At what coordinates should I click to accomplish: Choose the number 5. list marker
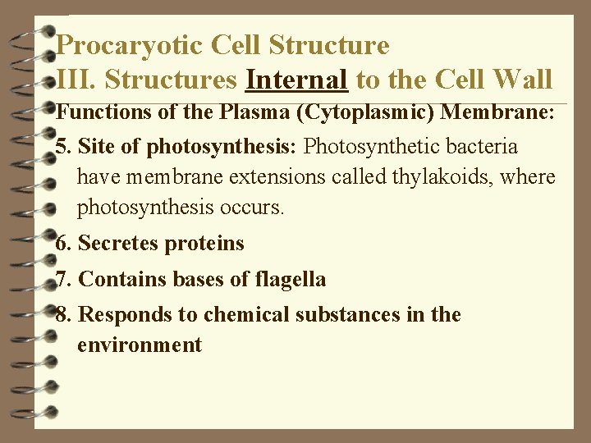pos(64,147)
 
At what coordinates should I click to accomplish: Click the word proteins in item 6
pos(204,244)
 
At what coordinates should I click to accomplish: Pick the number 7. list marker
pos(64,280)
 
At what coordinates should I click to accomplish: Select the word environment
pos(139,345)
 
